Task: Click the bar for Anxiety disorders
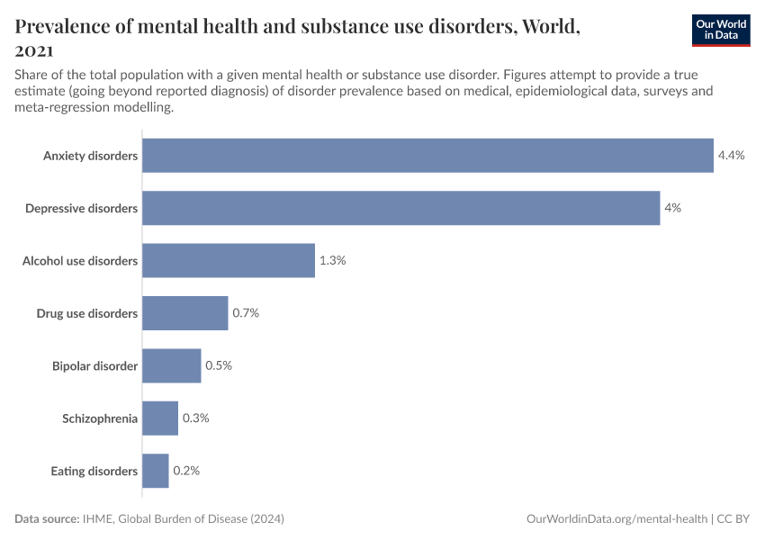click(x=427, y=156)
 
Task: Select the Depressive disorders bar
click(x=400, y=208)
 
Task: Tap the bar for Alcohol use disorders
click(x=229, y=260)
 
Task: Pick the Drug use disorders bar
click(x=185, y=313)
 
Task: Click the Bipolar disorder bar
click(x=172, y=365)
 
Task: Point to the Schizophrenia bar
click(x=160, y=418)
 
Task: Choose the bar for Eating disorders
click(x=156, y=471)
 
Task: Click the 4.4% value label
click(x=731, y=156)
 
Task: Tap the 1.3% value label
click(x=332, y=260)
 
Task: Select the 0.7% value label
click(x=246, y=313)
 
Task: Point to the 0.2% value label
click(x=186, y=471)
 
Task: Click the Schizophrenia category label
click(x=100, y=418)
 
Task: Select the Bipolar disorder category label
click(x=95, y=366)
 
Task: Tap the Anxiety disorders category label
click(x=91, y=157)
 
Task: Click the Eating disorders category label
click(x=94, y=472)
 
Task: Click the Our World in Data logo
click(x=720, y=30)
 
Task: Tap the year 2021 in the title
click(x=33, y=51)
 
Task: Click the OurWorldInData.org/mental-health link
click(x=616, y=519)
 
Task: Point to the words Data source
click(x=47, y=519)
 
